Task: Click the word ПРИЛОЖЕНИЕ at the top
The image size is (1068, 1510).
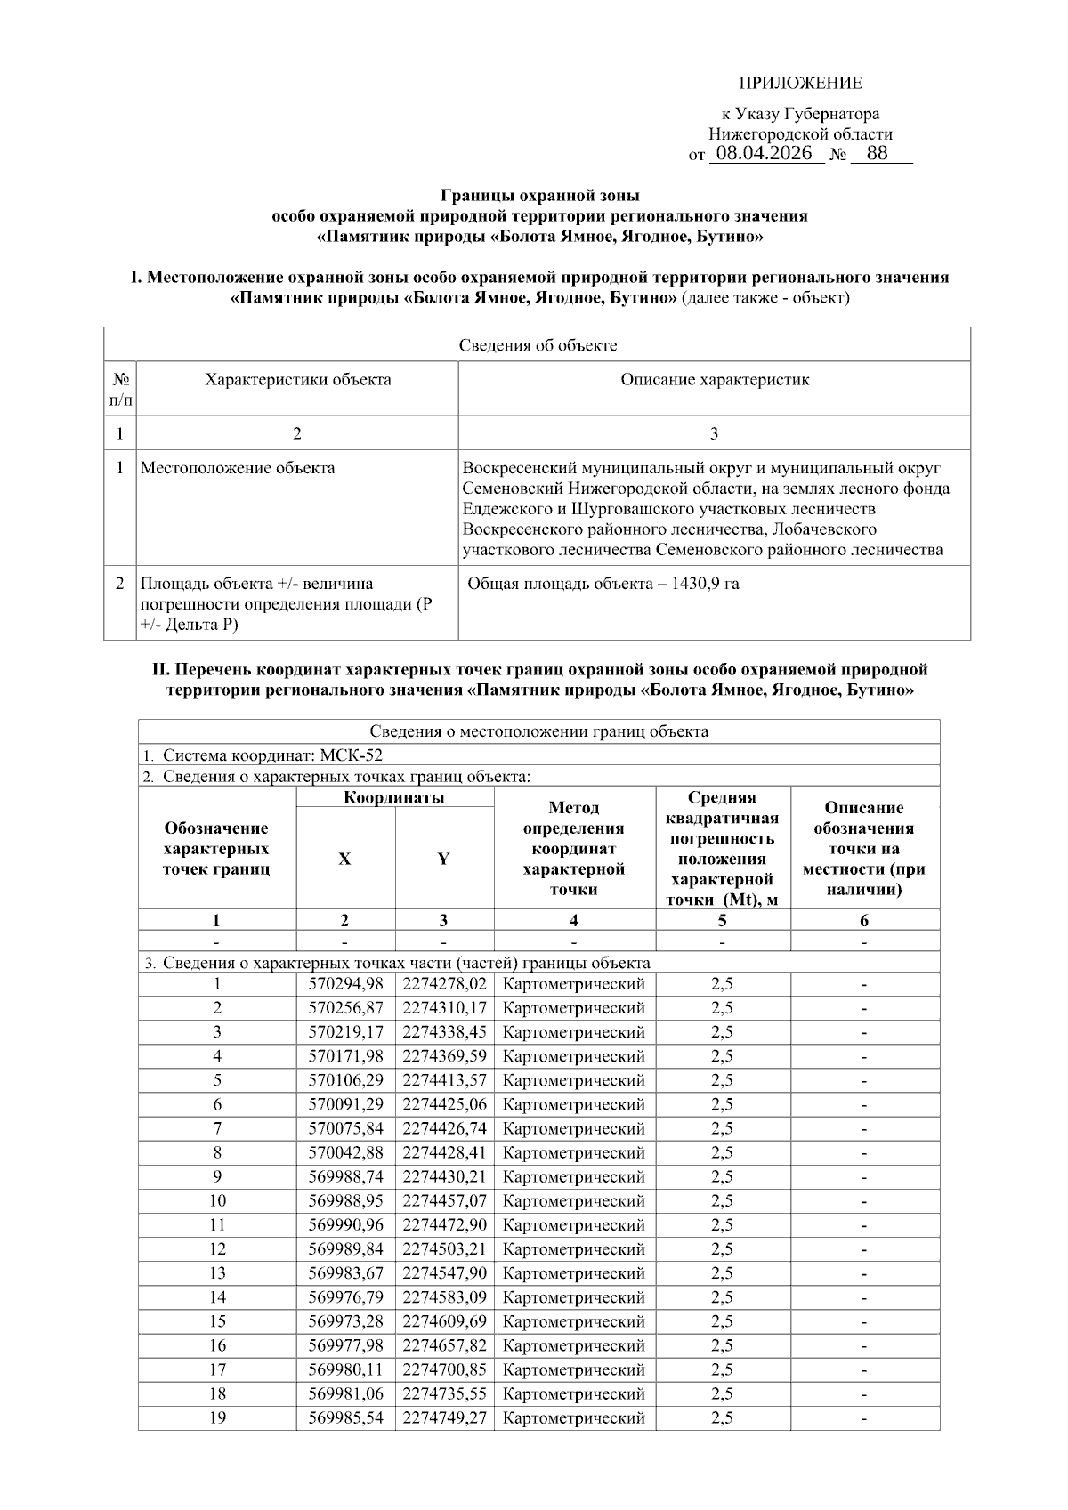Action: [799, 84]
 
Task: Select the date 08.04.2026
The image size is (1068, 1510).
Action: [765, 153]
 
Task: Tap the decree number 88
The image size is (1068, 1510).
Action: [877, 153]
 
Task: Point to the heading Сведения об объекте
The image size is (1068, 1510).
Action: [537, 345]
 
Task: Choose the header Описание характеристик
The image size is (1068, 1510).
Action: [714, 381]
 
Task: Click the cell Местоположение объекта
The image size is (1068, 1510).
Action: [238, 468]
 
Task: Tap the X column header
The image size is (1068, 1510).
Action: [344, 859]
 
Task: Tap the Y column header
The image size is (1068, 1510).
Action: [443, 859]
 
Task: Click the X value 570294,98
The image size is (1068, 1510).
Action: [345, 984]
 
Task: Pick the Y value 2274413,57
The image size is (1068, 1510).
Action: [444, 1080]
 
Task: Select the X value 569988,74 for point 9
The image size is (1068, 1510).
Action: [345, 1176]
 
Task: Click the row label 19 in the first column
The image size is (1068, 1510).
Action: [217, 1417]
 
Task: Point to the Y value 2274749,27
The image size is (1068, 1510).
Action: [444, 1417]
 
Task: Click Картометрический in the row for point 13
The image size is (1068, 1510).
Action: [573, 1273]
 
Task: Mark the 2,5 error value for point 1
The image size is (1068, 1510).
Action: [722, 984]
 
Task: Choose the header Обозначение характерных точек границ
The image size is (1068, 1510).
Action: [216, 849]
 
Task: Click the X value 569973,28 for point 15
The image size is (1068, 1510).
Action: [345, 1321]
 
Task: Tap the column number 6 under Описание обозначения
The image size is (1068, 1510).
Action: [864, 921]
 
